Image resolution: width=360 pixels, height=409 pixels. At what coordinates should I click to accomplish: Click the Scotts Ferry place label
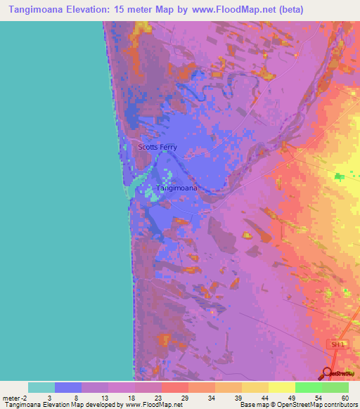157,147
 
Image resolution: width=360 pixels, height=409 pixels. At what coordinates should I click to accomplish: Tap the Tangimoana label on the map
176,188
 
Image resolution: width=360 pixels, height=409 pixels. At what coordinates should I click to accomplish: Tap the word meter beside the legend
12,397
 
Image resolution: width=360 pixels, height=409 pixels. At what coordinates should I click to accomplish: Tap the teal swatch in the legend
41,387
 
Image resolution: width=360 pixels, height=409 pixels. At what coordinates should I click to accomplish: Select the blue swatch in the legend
68,387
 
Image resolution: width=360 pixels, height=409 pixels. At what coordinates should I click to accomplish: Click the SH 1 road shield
340,344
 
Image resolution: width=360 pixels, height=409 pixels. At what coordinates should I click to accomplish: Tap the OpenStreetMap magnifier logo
328,374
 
